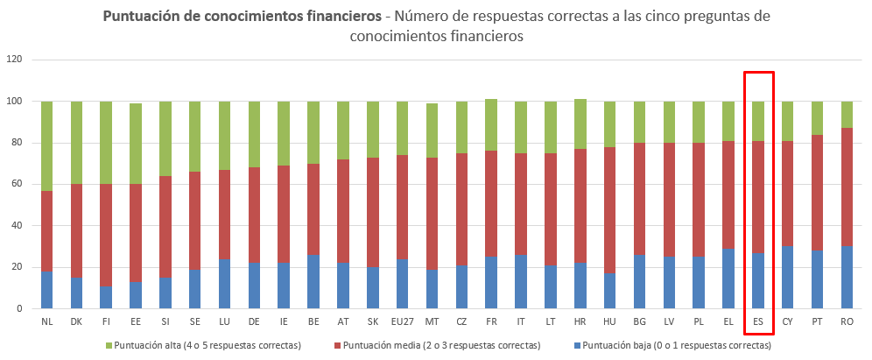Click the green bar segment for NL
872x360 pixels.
click(x=46, y=145)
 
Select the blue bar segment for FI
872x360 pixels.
click(x=106, y=298)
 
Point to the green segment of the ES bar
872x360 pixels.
click(x=758, y=121)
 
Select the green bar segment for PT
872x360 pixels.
click(x=817, y=118)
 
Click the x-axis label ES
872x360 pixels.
click(x=758, y=322)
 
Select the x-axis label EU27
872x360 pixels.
click(x=403, y=322)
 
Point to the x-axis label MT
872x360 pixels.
click(x=432, y=322)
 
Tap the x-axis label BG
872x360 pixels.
click(x=640, y=322)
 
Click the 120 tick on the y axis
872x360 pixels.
click(x=16, y=60)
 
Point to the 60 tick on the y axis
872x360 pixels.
click(x=18, y=184)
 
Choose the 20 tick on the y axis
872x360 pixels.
click(x=18, y=267)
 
